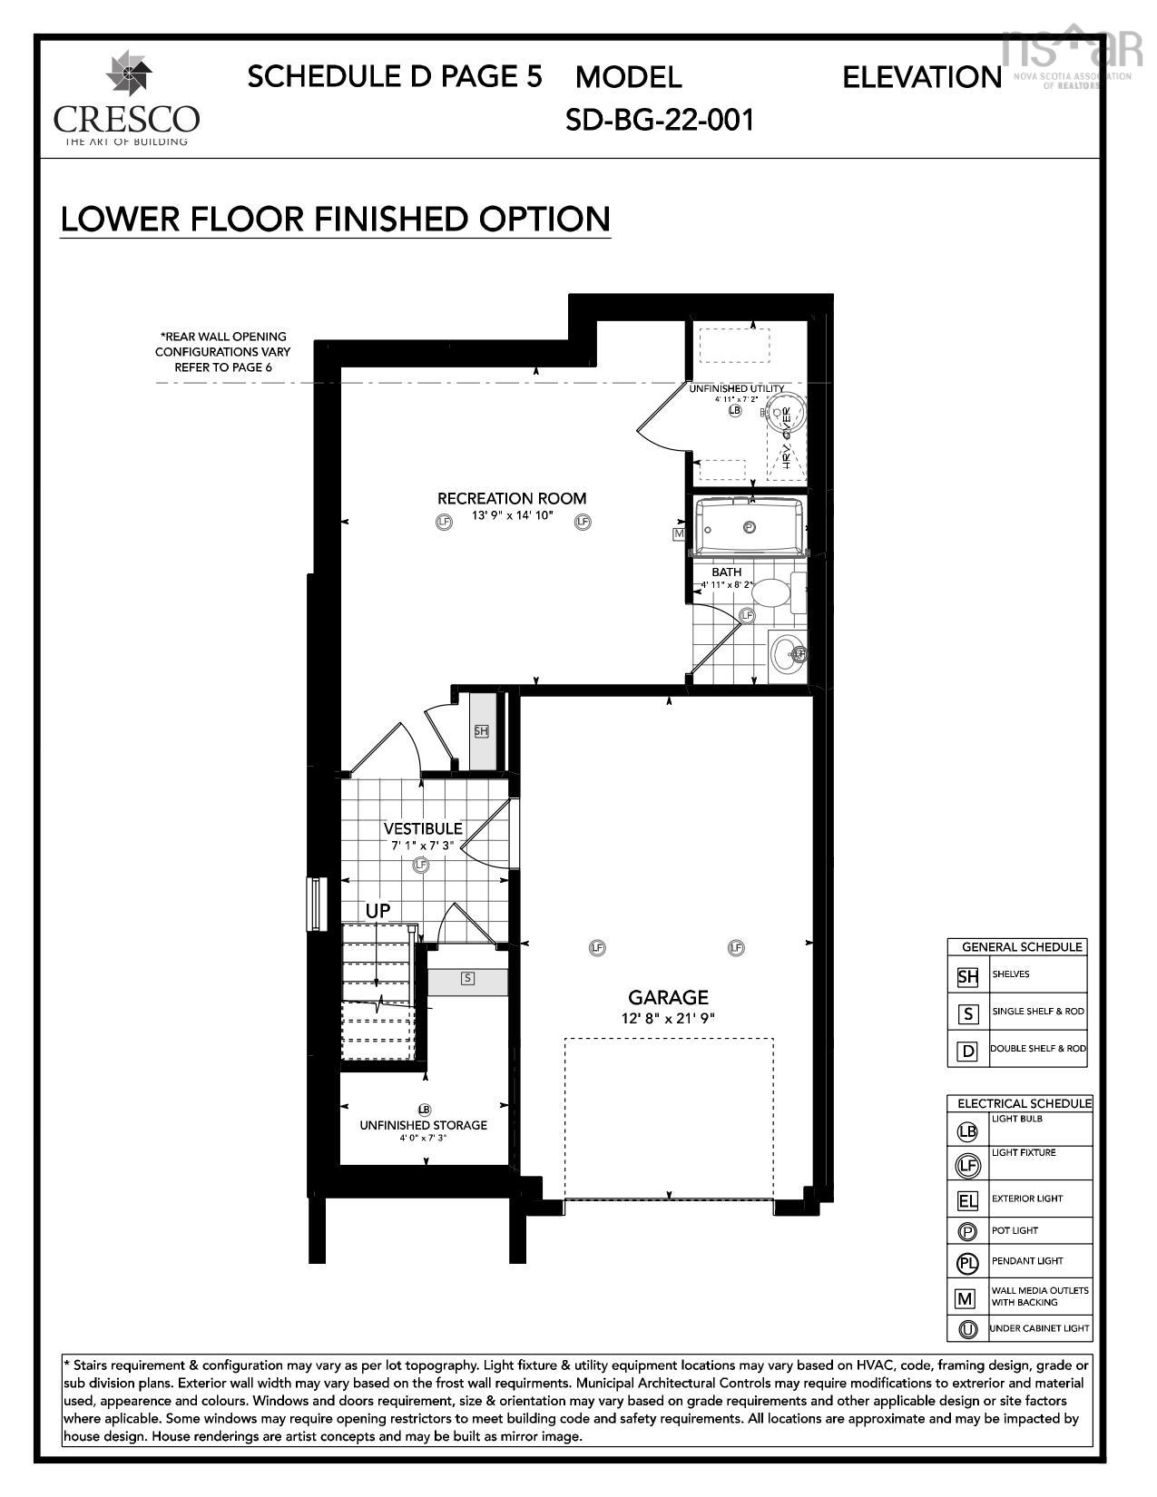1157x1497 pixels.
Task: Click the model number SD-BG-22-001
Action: tap(660, 120)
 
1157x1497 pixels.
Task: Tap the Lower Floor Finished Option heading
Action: tap(335, 220)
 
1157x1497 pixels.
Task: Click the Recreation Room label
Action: tap(512, 498)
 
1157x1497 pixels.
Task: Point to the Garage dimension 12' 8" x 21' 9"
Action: tap(668, 1018)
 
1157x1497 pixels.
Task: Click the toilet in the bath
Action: tap(774, 594)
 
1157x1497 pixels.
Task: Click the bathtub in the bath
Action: tap(749, 526)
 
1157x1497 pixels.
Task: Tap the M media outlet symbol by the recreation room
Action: tap(678, 534)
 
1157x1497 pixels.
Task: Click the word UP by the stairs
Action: tap(377, 910)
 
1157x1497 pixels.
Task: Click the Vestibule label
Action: tap(423, 828)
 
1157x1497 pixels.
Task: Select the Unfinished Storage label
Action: tap(423, 1125)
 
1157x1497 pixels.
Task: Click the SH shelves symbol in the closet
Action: tap(481, 731)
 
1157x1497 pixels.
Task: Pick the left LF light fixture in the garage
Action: tap(596, 948)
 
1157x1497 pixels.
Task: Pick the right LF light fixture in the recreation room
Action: tap(583, 522)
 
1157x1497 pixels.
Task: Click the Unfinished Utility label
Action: tap(736, 388)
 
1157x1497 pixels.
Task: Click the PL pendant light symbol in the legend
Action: tap(967, 1263)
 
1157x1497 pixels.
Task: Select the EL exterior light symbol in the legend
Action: tap(967, 1201)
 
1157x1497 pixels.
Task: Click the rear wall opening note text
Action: tap(222, 352)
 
